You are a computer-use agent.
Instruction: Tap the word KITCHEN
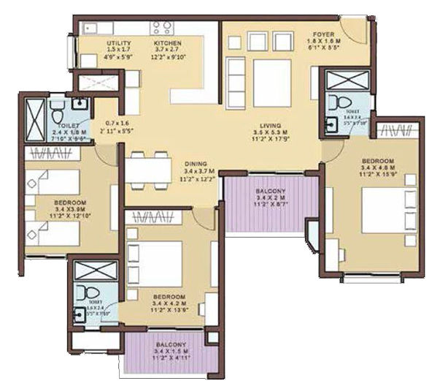(x=167, y=44)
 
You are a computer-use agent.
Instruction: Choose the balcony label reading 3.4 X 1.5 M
(x=170, y=344)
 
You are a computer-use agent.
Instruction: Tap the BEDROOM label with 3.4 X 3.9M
(x=70, y=202)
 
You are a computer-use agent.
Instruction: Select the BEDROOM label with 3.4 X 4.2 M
(x=169, y=298)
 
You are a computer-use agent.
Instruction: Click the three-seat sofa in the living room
(x=237, y=77)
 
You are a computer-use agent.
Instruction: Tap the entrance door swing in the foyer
(x=353, y=29)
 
